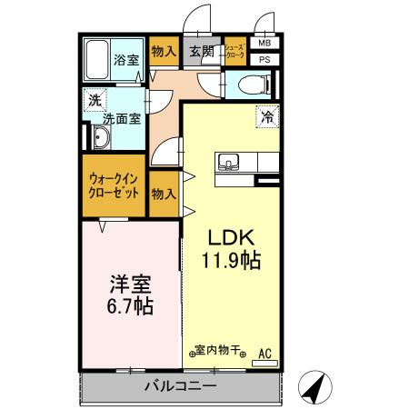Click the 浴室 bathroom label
(x=125, y=62)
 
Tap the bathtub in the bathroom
(x=96, y=60)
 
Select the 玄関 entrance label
(x=202, y=53)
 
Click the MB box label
(x=264, y=43)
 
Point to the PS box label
(x=264, y=59)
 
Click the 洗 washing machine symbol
(x=95, y=101)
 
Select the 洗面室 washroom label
(x=120, y=117)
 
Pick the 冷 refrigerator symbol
(x=267, y=116)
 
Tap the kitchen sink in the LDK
(x=228, y=163)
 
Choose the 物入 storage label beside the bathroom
(x=164, y=53)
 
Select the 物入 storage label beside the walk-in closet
(x=164, y=195)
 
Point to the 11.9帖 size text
(x=231, y=262)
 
